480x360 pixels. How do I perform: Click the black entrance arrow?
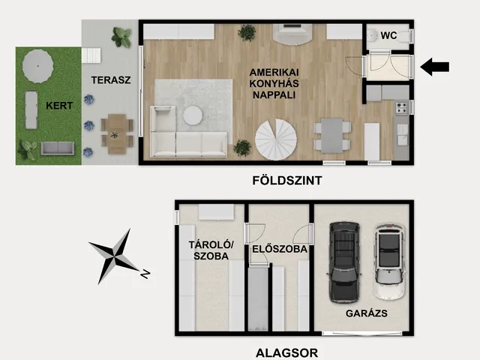pos(434,67)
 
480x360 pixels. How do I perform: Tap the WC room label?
pos(388,35)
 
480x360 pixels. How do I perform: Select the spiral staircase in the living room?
pos(276,139)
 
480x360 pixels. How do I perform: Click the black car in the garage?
pos(344,262)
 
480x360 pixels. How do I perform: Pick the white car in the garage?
pos(389,262)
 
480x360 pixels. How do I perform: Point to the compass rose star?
pos(114,256)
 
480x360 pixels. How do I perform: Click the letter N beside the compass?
pos(145,274)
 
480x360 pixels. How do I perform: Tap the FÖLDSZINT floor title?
pos(287,180)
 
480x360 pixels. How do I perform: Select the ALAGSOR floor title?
pos(286,353)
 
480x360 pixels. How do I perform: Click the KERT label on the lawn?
pos(59,106)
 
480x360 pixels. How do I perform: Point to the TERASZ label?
pos(111,80)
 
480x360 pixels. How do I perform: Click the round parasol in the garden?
pos(38,66)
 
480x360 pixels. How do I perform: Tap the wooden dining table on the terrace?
pos(117,134)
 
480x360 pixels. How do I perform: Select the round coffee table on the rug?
pos(193,115)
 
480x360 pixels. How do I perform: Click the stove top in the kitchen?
pos(402,108)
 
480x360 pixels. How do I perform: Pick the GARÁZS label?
pos(367,313)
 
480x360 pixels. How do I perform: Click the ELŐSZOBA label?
pos(280,249)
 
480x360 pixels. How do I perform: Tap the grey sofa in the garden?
pos(58,148)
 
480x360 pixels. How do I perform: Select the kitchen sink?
pos(402,135)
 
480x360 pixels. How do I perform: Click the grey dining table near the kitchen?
pos(331,135)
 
